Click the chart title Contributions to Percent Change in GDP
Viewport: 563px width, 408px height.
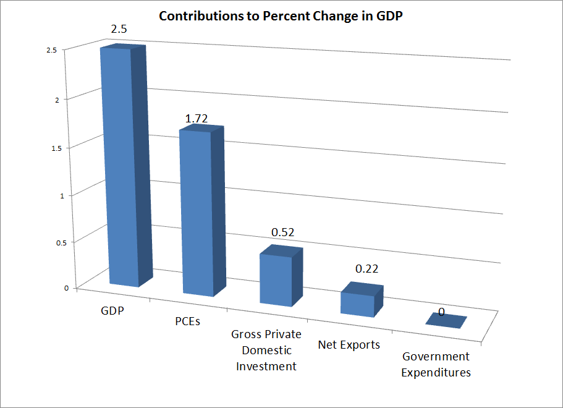[x=281, y=16]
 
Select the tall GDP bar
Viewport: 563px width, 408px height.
[x=123, y=167]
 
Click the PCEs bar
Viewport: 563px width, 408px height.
[x=197, y=210]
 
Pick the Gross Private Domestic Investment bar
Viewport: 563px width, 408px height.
[x=276, y=278]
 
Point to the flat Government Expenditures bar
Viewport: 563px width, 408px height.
[x=446, y=320]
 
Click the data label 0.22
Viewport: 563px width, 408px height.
[x=366, y=269]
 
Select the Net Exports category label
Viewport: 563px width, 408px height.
[x=349, y=344]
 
